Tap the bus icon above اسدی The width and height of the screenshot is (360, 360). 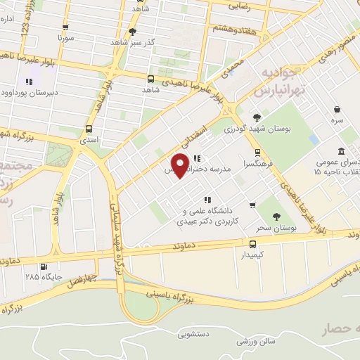click(x=89, y=129)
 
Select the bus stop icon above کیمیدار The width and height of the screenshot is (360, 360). click(x=252, y=244)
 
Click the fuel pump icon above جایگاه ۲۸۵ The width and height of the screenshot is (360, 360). click(x=45, y=267)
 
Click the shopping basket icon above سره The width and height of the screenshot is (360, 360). click(x=337, y=109)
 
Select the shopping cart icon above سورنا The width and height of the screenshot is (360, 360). click(x=65, y=27)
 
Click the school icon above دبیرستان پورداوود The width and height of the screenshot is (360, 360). click(x=29, y=80)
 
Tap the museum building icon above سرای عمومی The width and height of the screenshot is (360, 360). click(x=341, y=151)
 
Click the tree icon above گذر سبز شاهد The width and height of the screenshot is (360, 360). click(x=133, y=32)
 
